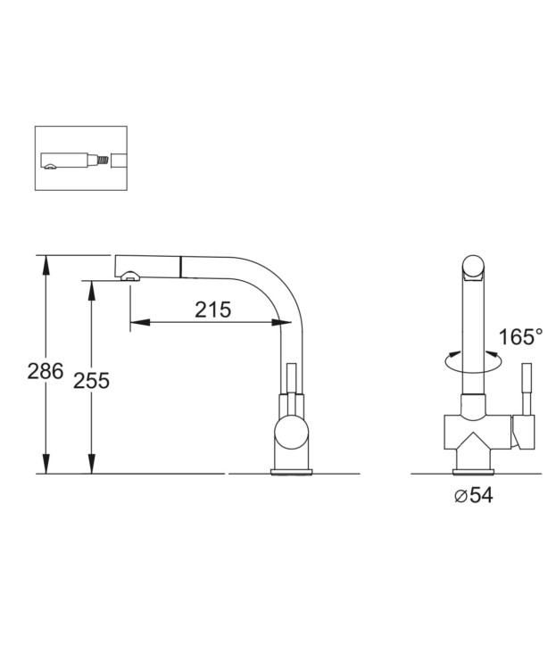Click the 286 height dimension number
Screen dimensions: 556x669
(46, 371)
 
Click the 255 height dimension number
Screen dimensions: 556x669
(91, 380)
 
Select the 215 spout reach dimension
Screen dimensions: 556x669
(212, 310)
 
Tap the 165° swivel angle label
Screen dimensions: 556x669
(520, 336)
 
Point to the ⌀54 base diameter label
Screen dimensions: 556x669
(474, 495)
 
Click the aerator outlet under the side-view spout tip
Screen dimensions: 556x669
(129, 277)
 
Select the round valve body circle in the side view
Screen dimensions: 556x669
(291, 433)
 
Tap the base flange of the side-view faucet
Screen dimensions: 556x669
(291, 472)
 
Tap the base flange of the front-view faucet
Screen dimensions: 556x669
(473, 472)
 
